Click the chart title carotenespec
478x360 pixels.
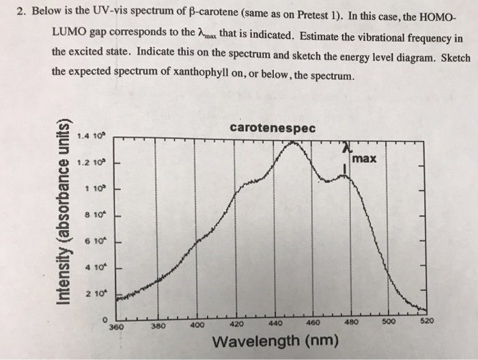272,128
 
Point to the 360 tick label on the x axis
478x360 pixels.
117,327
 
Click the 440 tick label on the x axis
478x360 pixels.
276,325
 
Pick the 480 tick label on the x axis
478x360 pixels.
352,324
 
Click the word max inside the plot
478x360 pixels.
366,160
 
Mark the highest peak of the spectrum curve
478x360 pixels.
294,142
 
